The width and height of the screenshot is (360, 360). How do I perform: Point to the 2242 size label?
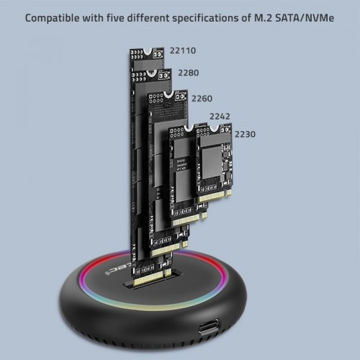[220, 116]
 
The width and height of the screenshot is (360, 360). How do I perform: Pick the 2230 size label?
[245, 134]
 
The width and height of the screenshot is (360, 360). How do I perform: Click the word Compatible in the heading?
[55, 17]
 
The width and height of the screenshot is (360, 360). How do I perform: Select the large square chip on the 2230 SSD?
[215, 159]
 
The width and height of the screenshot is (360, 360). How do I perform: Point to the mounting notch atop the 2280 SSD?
[161, 72]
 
